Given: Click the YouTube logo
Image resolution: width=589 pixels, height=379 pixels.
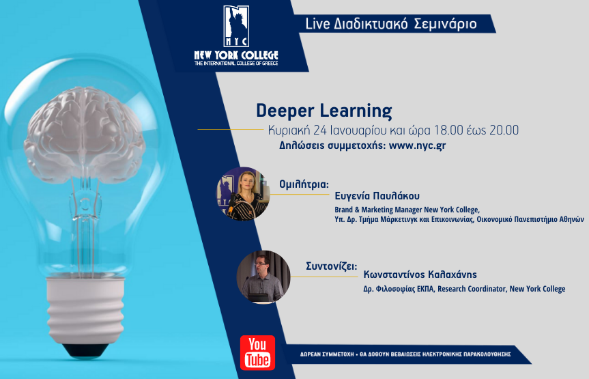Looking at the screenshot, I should (257, 352).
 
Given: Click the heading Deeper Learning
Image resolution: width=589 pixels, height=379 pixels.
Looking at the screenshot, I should (324, 111).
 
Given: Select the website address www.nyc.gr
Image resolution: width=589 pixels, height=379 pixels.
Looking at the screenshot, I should (418, 145).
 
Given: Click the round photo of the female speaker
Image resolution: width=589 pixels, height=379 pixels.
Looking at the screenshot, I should (242, 194).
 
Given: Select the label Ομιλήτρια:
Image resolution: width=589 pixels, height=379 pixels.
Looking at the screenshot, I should (304, 184).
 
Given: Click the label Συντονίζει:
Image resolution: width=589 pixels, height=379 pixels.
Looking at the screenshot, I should (329, 264).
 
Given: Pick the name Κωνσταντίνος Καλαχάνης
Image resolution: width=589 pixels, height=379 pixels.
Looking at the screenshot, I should (420, 275).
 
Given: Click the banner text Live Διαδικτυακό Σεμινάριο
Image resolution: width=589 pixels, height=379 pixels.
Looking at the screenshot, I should (390, 24).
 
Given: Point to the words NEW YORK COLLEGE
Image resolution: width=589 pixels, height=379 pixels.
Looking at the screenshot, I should (236, 55).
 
